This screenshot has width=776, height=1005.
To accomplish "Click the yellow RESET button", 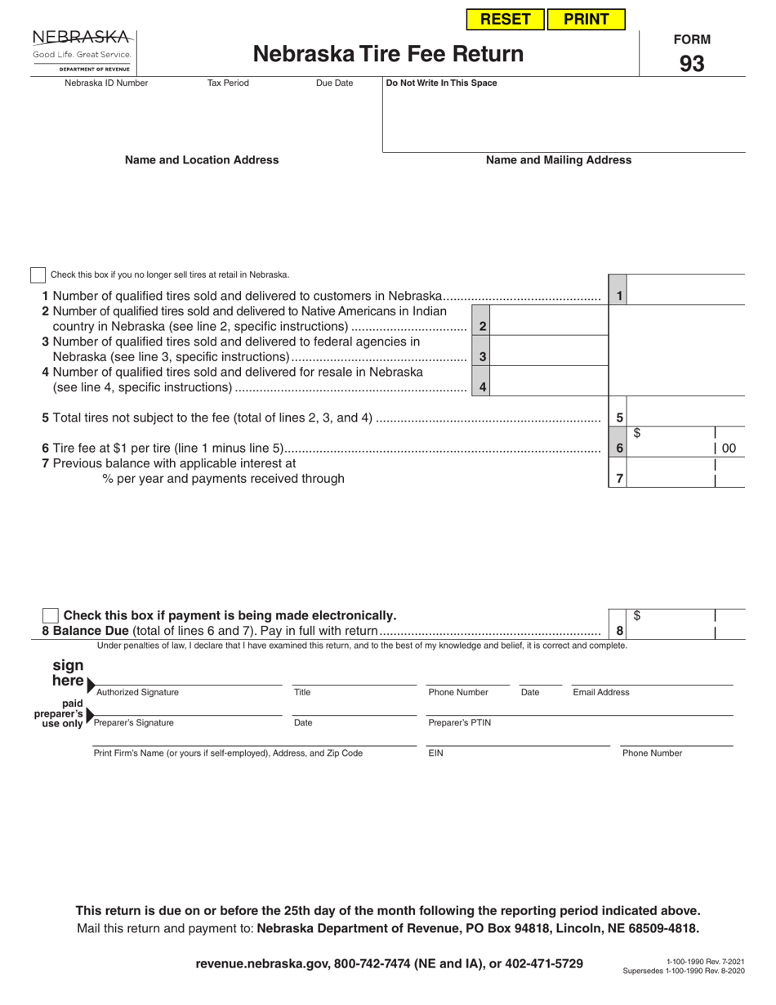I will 505,20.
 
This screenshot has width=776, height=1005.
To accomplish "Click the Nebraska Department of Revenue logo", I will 82,51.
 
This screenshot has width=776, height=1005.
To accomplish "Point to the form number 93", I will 691,64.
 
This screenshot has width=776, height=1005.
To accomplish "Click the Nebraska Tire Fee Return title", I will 388,54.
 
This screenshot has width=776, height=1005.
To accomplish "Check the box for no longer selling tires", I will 38,275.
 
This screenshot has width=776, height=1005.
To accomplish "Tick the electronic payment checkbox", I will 50,616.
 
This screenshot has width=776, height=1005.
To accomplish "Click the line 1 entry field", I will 686,296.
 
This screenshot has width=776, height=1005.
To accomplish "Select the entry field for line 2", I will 549,326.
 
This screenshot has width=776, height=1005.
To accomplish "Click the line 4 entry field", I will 549,386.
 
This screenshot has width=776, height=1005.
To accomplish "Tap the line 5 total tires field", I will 686,418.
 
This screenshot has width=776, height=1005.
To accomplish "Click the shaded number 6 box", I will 619,448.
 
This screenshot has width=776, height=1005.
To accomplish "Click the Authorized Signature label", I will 137,693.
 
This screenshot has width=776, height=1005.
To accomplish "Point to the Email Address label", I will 601,693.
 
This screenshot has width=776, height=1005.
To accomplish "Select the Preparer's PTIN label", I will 460,723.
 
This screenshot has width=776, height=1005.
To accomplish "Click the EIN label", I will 436,753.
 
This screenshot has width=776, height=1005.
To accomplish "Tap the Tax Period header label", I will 228,83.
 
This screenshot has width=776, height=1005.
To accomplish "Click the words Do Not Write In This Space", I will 441,83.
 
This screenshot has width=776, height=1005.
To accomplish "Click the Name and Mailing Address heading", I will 559,160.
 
